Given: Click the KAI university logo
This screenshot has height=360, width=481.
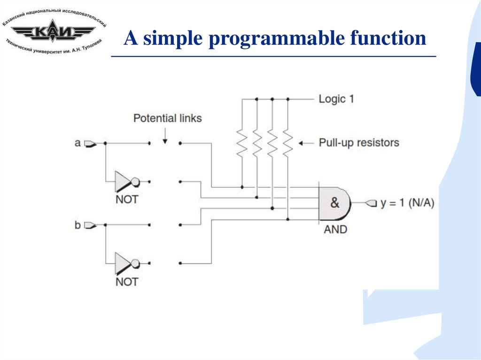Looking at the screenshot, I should [54, 32].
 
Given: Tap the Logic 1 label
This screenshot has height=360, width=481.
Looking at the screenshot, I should [336, 99].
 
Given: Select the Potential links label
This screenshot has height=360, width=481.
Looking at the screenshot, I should [168, 118].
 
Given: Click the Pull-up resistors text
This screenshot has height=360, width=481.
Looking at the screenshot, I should [359, 142].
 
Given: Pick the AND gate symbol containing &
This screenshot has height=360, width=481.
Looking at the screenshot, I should [334, 203].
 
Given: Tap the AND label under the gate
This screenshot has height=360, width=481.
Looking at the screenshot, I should [335, 230].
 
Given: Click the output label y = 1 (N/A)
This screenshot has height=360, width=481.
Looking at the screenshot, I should [407, 203].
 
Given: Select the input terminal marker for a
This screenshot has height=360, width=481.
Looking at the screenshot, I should [90, 143].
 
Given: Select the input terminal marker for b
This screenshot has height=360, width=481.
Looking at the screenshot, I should [90, 225].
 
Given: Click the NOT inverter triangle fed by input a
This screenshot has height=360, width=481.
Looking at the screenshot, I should [124, 181].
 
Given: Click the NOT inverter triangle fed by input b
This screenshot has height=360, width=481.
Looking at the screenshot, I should [124, 263].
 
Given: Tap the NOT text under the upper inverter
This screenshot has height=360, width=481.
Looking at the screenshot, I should [127, 199].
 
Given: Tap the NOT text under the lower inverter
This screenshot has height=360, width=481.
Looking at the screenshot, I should [127, 282].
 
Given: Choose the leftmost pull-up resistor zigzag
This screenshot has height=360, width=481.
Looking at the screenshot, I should [242, 143].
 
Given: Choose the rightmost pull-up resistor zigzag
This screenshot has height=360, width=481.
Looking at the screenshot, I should [287, 143].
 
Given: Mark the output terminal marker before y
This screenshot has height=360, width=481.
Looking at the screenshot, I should [372, 203].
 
